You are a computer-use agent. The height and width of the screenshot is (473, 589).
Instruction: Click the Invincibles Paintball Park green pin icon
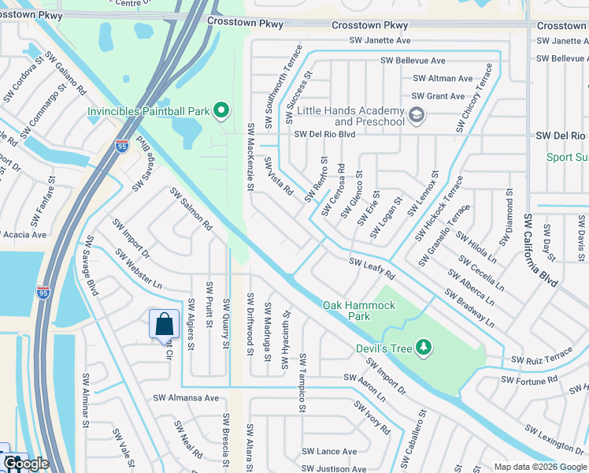pos(221,111)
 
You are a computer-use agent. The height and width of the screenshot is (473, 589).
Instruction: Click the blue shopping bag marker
pos(164,324)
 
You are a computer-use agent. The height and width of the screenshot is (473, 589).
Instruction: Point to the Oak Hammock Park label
pos(347,310)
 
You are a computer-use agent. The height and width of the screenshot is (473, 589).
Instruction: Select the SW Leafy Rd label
pos(372,268)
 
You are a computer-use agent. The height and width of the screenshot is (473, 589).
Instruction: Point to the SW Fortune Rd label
pos(528,381)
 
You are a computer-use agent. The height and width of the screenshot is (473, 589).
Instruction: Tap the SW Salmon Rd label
pos(192,209)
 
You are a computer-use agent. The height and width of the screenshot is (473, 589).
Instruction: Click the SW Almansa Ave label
pos(186,398)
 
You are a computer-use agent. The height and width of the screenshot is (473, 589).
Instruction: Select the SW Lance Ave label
pos(329,452)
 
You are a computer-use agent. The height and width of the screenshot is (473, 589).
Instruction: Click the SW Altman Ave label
pos(443,79)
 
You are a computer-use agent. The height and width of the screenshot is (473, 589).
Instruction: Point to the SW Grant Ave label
pos(435,96)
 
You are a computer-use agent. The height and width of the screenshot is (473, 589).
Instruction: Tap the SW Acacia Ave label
pos(24,234)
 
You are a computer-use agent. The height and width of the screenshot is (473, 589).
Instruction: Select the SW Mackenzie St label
pos(250,157)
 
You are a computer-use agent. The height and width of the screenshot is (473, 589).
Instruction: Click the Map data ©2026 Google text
pos(539,467)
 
